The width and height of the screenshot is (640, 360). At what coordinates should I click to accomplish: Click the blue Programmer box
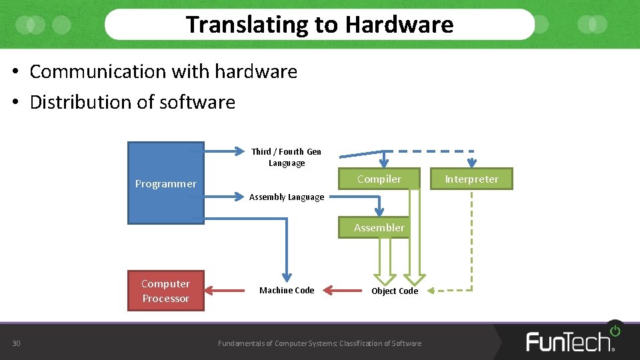click(x=165, y=183)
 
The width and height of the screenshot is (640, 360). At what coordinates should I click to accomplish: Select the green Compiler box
click(x=379, y=179)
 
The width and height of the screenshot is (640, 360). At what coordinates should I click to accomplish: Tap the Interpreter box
click(x=471, y=179)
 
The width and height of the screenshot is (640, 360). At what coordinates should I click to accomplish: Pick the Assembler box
click(x=379, y=227)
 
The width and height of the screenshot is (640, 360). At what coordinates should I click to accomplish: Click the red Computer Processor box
click(x=165, y=291)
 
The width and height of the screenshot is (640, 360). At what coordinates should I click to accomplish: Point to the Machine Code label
click(x=287, y=290)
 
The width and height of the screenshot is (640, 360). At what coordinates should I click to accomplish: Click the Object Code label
click(x=395, y=291)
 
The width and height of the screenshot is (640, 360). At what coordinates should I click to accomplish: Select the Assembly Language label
click(x=287, y=197)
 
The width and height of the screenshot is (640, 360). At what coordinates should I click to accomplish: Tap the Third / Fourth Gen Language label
click(x=287, y=157)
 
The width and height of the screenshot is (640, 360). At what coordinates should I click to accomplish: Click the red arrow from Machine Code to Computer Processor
click(x=227, y=290)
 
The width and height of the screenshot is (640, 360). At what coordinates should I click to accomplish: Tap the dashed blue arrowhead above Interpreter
click(x=471, y=162)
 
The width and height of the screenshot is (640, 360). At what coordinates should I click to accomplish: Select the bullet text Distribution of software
click(x=132, y=102)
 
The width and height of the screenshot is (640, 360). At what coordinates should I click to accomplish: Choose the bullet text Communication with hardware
click(x=163, y=71)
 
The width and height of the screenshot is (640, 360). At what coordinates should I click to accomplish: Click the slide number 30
click(x=16, y=343)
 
